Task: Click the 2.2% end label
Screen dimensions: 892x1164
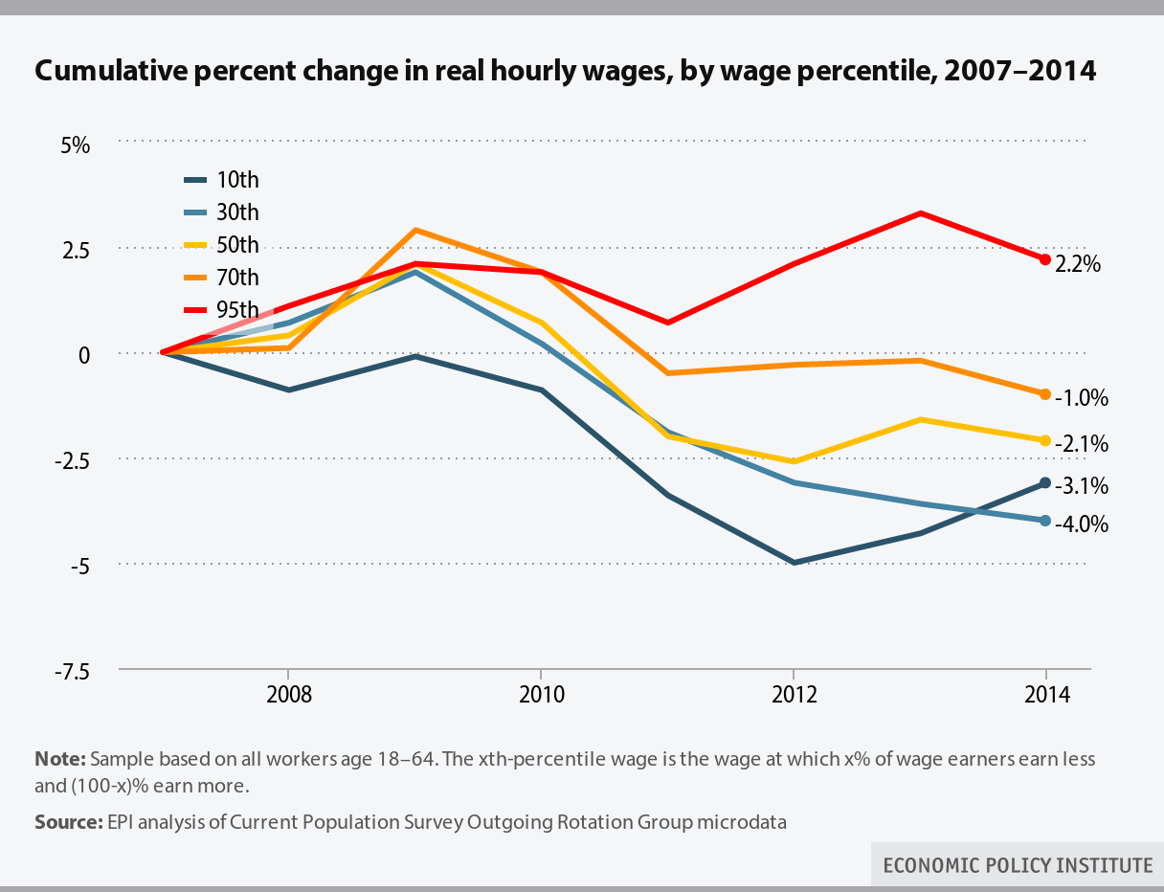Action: [1078, 265]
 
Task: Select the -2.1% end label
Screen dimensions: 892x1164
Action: [1081, 444]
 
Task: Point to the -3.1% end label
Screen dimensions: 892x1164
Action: [1081, 486]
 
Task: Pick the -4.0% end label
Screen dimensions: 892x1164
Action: [1081, 524]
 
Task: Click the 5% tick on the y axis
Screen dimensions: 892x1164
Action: [76, 146]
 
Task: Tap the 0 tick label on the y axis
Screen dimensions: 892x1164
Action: [84, 355]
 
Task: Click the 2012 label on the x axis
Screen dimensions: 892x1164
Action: [793, 694]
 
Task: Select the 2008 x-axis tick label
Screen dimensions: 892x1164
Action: [288, 694]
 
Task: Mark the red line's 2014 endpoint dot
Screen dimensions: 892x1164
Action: [1045, 259]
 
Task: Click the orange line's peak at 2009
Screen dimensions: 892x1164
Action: [414, 231]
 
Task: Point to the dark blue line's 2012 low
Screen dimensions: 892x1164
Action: [794, 563]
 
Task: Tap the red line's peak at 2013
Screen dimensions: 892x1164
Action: [919, 213]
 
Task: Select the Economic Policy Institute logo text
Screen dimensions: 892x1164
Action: [1018, 865]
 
